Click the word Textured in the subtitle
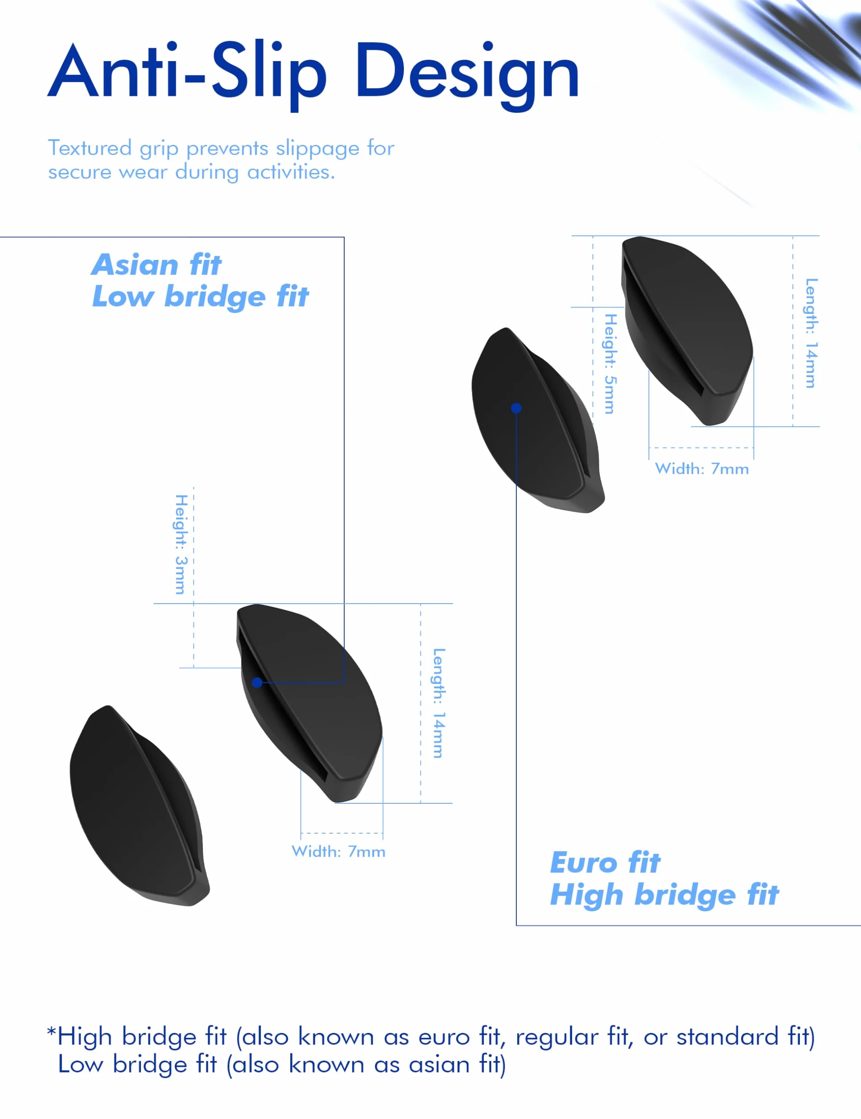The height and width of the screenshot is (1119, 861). tap(90, 148)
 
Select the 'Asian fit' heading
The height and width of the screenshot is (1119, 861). tap(157, 264)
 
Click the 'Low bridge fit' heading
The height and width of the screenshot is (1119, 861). tap(200, 296)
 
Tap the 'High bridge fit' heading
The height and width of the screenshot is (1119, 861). tap(665, 895)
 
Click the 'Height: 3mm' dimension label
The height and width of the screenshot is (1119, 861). tap(181, 544)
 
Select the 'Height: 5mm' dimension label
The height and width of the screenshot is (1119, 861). tap(610, 364)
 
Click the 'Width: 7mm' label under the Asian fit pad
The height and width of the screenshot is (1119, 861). tap(338, 852)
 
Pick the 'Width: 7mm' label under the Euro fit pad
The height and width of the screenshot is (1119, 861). tap(702, 469)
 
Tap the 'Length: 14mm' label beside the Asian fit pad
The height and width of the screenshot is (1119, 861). tap(439, 703)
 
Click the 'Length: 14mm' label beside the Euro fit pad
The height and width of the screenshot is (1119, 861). tap(811, 333)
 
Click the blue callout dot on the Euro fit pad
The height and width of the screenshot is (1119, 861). tap(516, 408)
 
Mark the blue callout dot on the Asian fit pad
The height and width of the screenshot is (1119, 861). tap(257, 683)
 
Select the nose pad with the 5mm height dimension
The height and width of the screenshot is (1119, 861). tap(687, 330)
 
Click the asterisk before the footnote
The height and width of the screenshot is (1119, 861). tap(51, 1031)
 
